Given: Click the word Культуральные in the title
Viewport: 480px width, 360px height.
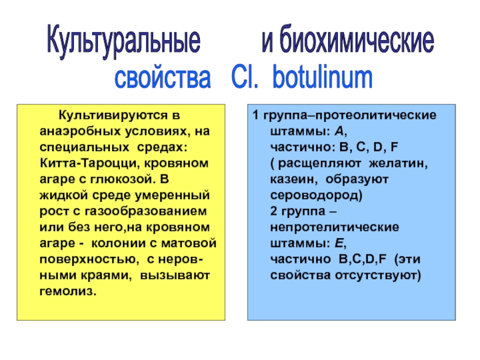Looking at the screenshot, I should click(x=123, y=43).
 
